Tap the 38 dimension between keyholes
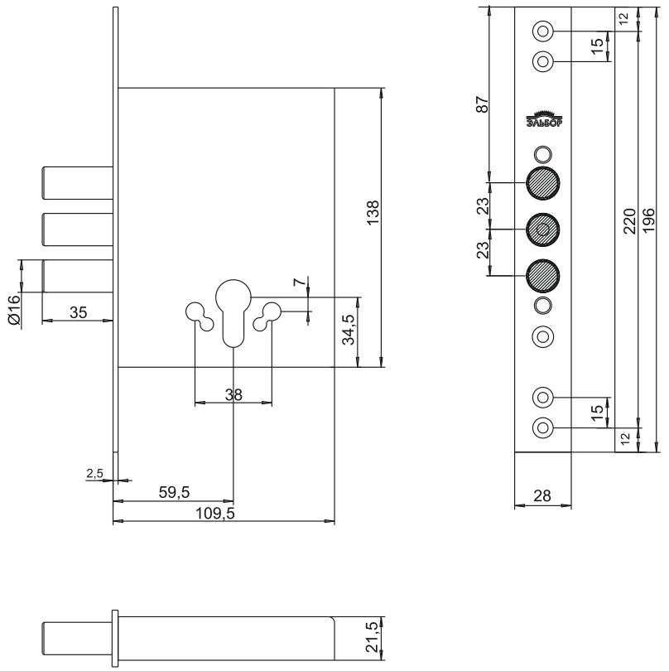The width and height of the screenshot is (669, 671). coord(233,395)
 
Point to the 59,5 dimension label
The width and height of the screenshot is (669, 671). coord(175,492)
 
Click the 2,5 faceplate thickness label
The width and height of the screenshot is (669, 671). coord(94,473)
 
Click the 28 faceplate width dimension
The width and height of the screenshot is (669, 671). coord(542,495)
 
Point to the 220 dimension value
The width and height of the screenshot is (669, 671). coord(629,221)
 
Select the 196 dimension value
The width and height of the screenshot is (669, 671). coord(649,221)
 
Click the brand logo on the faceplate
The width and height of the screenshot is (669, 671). coord(542,120)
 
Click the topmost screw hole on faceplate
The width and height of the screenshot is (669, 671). coord(542,31)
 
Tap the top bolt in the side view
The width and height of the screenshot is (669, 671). coord(76,182)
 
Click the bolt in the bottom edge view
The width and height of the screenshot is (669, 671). coord(76,638)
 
